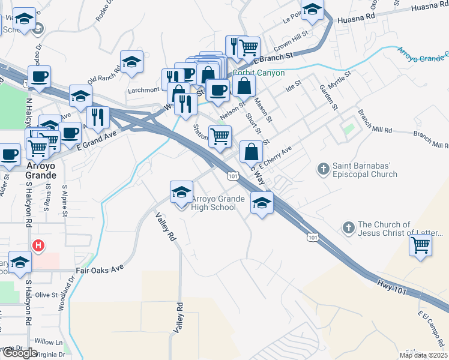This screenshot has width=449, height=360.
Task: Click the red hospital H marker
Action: coord(39,245)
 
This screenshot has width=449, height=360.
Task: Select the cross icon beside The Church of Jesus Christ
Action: coord(348,228)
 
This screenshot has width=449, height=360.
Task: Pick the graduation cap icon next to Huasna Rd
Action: coord(312,10)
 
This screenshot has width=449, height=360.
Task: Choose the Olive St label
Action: coord(46,295)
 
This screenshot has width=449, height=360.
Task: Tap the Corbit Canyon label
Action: coord(258,73)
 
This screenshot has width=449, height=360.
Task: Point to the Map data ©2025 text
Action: coord(423,355)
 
